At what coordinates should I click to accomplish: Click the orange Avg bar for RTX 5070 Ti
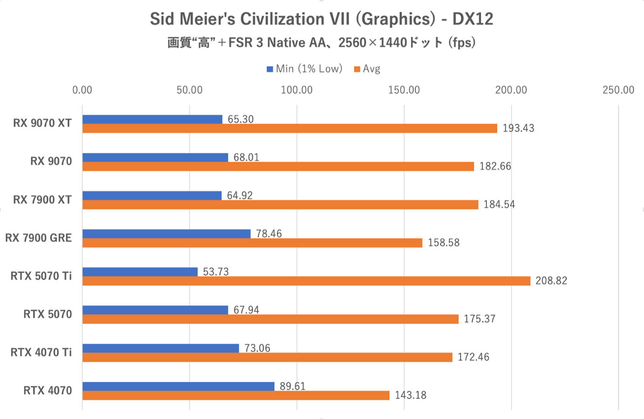(306, 281)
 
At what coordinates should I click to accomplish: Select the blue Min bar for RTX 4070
(178, 386)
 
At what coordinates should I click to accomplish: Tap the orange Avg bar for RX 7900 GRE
(252, 243)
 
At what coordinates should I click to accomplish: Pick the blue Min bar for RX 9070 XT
(152, 119)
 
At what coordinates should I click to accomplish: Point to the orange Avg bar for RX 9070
(278, 166)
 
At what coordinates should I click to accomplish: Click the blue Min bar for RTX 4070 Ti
(160, 348)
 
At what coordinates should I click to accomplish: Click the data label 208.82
(551, 281)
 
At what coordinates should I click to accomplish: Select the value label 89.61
(292, 386)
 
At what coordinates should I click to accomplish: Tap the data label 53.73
(216, 272)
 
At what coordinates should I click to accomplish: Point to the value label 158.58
(443, 242)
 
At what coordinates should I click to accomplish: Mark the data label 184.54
(499, 204)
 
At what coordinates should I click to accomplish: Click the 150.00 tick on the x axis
(404, 90)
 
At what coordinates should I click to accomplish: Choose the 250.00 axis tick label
(618, 90)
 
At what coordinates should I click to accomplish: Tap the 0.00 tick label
(83, 90)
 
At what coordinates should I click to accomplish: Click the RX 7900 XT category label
(42, 200)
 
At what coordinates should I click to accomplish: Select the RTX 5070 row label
(48, 314)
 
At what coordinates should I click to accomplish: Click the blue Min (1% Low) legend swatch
(270, 69)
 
